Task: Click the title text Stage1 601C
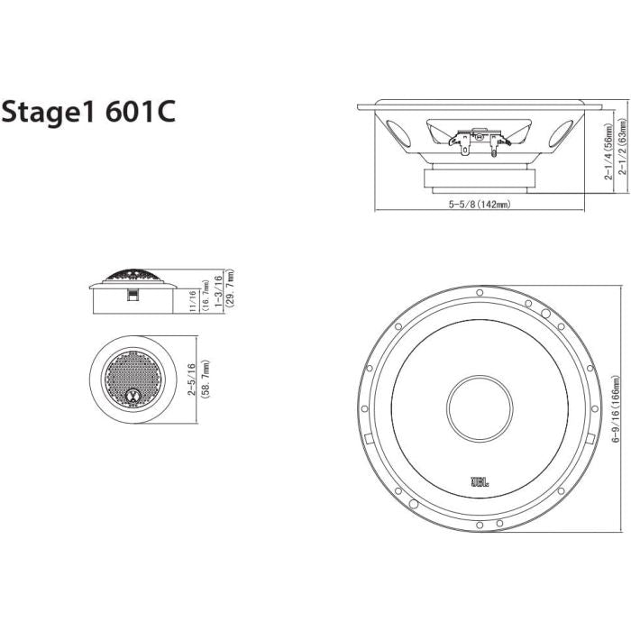pyautogui.click(x=87, y=113)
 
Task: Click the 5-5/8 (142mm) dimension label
pyautogui.click(x=480, y=205)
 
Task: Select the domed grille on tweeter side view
pyautogui.click(x=132, y=276)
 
